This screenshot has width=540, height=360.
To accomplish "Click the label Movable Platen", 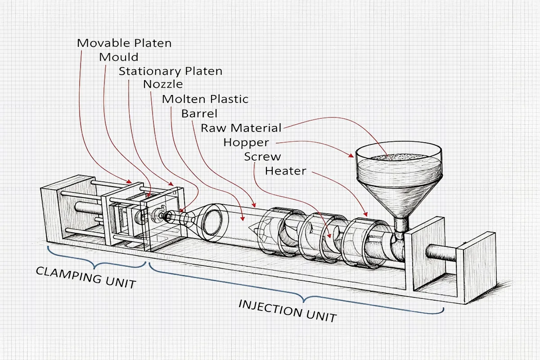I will (x=124, y=43).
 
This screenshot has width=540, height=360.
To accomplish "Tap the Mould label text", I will (x=119, y=57).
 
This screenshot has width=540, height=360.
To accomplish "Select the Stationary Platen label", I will (x=170, y=71).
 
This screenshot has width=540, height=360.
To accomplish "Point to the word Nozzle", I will (x=163, y=85).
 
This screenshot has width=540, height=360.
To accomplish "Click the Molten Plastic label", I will (x=205, y=99).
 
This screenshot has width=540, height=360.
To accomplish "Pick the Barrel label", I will (x=199, y=113).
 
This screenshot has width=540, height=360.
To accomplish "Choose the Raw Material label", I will (x=241, y=128).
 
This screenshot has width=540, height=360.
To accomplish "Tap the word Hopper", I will (x=246, y=143).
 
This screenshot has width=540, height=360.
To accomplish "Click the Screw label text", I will (x=262, y=157).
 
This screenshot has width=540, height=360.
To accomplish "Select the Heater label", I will (x=286, y=171).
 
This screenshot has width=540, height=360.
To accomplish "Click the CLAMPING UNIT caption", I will (x=85, y=277).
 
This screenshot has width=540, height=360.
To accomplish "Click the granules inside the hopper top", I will (x=398, y=158).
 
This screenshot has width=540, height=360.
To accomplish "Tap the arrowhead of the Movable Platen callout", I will (x=130, y=182).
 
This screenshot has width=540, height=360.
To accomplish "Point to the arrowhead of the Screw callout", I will (x=330, y=236).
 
